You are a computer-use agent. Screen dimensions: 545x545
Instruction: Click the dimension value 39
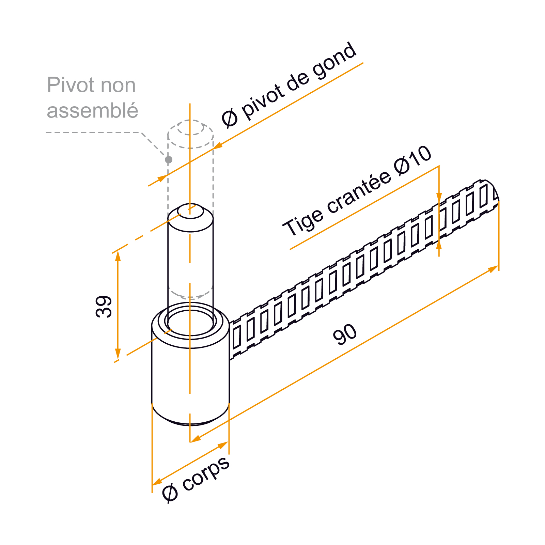tap(104, 307)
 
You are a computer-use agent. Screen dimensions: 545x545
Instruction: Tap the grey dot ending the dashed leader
tap(168, 159)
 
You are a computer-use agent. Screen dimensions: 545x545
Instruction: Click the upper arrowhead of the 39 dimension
tap(118, 256)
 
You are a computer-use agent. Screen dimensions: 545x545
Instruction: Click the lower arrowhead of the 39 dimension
tap(118, 354)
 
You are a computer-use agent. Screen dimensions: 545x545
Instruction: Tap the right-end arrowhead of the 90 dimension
tap(493, 269)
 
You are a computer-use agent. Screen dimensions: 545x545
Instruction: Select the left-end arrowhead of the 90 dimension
tap(196, 439)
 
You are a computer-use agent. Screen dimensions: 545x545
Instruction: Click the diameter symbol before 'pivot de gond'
tap(230, 118)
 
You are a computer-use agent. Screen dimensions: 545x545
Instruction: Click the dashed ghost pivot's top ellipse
tap(190, 120)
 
